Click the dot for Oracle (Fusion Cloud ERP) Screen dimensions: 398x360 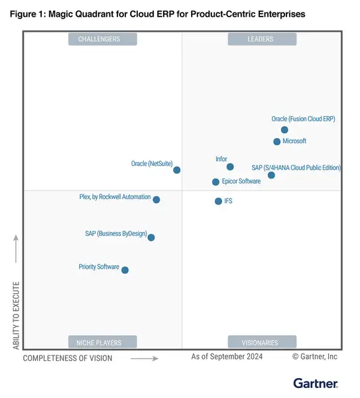tap(284, 130)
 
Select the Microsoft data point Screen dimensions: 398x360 tap(277, 142)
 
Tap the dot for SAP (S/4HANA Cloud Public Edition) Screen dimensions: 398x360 tap(271, 175)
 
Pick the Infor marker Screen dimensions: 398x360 tap(230, 167)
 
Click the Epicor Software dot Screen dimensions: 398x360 tap(215, 182)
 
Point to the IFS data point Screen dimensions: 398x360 tap(218, 201)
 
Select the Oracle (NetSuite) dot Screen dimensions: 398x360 tap(177, 170)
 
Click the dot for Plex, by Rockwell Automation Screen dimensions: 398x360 tap(156, 199)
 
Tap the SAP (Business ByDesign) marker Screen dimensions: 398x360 tap(151, 237)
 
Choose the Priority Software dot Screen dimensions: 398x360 tap(125, 270)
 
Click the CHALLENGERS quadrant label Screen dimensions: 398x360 tap(103, 40)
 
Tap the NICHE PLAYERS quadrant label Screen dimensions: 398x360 tap(103, 342)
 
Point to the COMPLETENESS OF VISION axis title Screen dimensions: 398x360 tap(68, 358)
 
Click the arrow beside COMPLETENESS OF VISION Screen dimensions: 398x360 tap(144, 358)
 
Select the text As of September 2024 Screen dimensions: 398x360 tap(227, 357)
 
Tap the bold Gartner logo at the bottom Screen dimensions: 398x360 tap(316, 383)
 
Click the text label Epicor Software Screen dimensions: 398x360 tap(241, 181)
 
